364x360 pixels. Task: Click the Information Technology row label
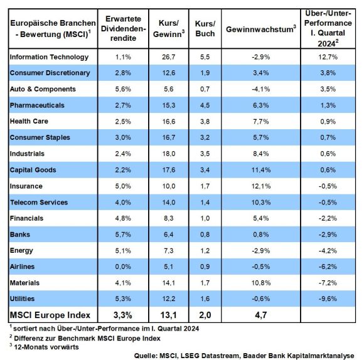click(x=49, y=57)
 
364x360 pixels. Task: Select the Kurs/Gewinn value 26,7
click(x=169, y=57)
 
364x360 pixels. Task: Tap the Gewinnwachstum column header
click(x=261, y=29)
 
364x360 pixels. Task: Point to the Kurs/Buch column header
click(x=205, y=28)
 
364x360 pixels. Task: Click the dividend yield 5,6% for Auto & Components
click(x=123, y=89)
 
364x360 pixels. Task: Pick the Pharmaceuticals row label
click(x=37, y=105)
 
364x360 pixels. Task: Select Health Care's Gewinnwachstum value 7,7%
click(x=261, y=121)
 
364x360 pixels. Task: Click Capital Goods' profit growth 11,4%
click(x=261, y=170)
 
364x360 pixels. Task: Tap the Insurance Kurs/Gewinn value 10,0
click(x=169, y=186)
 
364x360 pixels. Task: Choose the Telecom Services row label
click(x=39, y=203)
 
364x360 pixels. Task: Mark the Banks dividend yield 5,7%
click(x=123, y=235)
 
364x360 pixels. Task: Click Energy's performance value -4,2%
click(x=328, y=251)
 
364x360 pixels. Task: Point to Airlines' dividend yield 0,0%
click(x=123, y=267)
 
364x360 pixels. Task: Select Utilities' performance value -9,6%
click(x=328, y=299)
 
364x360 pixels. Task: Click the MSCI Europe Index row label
click(x=50, y=315)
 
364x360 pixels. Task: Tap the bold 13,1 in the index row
click(x=169, y=315)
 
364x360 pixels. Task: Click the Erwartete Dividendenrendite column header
click(x=123, y=28)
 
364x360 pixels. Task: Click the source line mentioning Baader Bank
click(x=244, y=356)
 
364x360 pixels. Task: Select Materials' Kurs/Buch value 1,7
click(x=205, y=283)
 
